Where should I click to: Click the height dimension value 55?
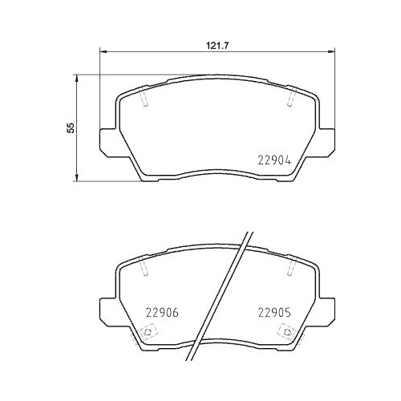(x=71, y=128)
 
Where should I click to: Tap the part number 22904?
(x=272, y=159)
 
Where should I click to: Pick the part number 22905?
(x=272, y=314)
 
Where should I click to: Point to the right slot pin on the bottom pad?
(x=290, y=270)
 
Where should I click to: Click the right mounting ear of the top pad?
(x=327, y=143)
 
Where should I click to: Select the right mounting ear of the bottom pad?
(x=327, y=309)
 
